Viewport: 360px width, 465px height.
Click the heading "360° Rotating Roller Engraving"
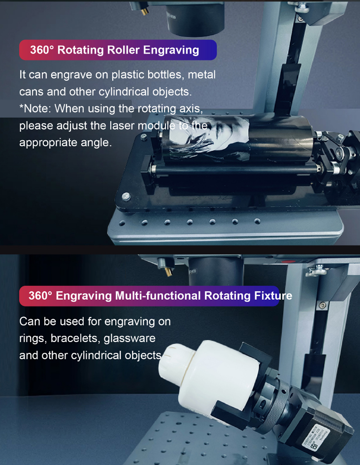pos(115,50)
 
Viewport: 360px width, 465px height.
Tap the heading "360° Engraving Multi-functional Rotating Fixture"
pos(160,296)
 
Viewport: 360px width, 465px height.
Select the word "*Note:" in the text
pos(35,109)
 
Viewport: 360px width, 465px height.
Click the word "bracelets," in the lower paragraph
pos(75,339)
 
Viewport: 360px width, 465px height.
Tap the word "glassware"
pos(130,339)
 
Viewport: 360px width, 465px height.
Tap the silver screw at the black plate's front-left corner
pos(126,196)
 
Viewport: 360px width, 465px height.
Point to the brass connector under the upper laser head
pos(144,11)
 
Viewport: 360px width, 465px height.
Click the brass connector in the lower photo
pos(168,271)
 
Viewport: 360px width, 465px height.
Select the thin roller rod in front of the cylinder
pos(234,169)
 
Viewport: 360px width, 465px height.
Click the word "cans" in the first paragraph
pos(32,92)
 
